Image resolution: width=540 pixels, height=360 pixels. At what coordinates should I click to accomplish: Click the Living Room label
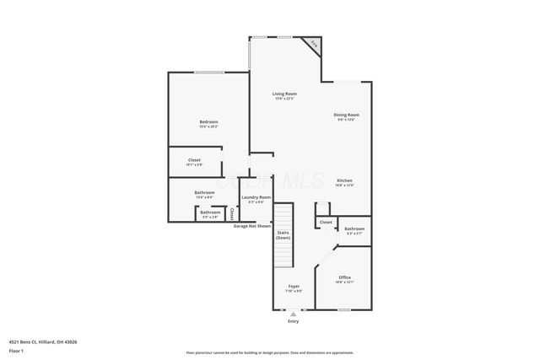[x=284, y=94]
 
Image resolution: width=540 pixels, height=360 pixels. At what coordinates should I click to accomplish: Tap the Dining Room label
[x=346, y=115]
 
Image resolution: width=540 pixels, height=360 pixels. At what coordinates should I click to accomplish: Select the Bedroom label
[x=208, y=122]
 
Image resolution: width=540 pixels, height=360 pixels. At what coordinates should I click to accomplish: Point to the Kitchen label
[x=344, y=181]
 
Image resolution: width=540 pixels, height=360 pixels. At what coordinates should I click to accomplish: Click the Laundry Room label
[x=256, y=197]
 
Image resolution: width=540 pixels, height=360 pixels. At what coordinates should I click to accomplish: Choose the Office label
[x=344, y=277]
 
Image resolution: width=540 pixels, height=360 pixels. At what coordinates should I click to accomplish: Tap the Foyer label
[x=294, y=286]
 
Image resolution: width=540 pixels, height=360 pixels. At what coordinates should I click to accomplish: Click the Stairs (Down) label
[x=283, y=235]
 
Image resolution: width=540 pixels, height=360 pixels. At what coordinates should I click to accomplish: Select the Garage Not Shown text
[x=252, y=226]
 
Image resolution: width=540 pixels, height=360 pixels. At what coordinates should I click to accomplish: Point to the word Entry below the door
[x=293, y=321]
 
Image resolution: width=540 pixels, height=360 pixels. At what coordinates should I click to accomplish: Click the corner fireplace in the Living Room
[x=313, y=45]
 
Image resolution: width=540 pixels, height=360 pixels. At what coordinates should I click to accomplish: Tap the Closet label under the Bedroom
[x=194, y=159]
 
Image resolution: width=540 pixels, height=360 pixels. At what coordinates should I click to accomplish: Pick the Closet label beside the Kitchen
[x=326, y=223]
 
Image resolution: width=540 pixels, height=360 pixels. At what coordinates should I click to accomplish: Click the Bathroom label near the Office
[x=354, y=228]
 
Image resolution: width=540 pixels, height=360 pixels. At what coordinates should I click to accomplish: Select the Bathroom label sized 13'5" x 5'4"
[x=204, y=192]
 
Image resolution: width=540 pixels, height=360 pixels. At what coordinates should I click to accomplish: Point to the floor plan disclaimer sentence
[x=269, y=352]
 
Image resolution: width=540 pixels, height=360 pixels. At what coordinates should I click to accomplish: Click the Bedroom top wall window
[x=208, y=73]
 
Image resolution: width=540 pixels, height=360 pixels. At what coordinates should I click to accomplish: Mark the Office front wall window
[x=344, y=310]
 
